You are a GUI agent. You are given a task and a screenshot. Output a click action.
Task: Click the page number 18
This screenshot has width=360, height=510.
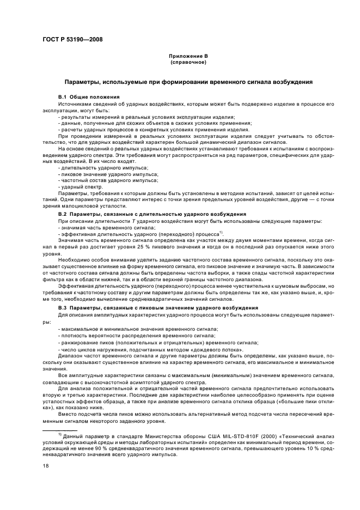point(46,465)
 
